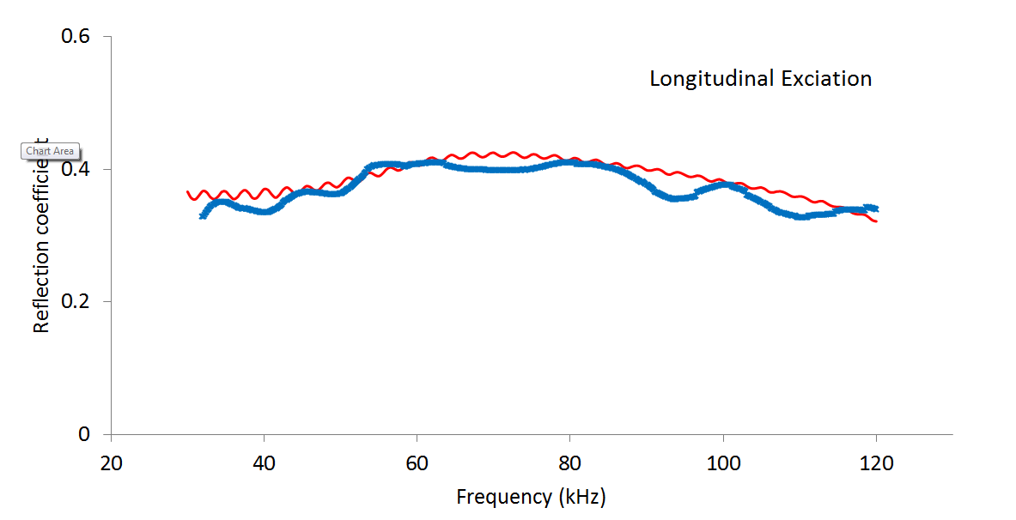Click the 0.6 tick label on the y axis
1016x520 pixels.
pos(75,37)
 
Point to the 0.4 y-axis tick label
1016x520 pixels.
pos(75,169)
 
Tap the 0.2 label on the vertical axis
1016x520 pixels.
pos(75,302)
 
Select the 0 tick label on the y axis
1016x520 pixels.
pos(84,435)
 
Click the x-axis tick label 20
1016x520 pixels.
pos(112,463)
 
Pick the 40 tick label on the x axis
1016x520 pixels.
pos(265,463)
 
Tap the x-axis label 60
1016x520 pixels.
pos(417,463)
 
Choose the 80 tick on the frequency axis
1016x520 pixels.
pos(570,463)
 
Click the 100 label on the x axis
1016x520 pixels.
pos(723,463)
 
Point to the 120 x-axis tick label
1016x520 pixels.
pos(876,463)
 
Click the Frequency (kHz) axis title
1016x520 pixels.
pos(531,497)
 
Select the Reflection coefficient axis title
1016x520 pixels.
pos(40,236)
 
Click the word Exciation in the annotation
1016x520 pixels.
pos(826,79)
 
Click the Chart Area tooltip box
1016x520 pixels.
pos(51,151)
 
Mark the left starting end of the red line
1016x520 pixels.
pos(188,192)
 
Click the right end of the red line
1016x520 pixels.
pos(876,221)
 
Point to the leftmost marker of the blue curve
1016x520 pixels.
pos(203,215)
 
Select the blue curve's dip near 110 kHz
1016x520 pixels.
pos(801,216)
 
